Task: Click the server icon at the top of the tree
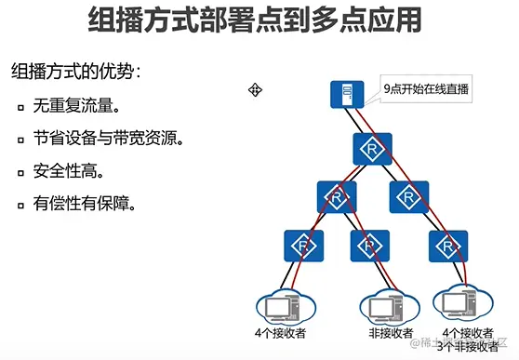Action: click(x=346, y=93)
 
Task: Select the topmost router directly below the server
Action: click(x=372, y=149)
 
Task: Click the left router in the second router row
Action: click(x=336, y=196)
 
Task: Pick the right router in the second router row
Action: click(x=408, y=196)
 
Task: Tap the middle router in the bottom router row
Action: click(x=369, y=245)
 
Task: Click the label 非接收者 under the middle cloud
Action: click(x=383, y=331)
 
